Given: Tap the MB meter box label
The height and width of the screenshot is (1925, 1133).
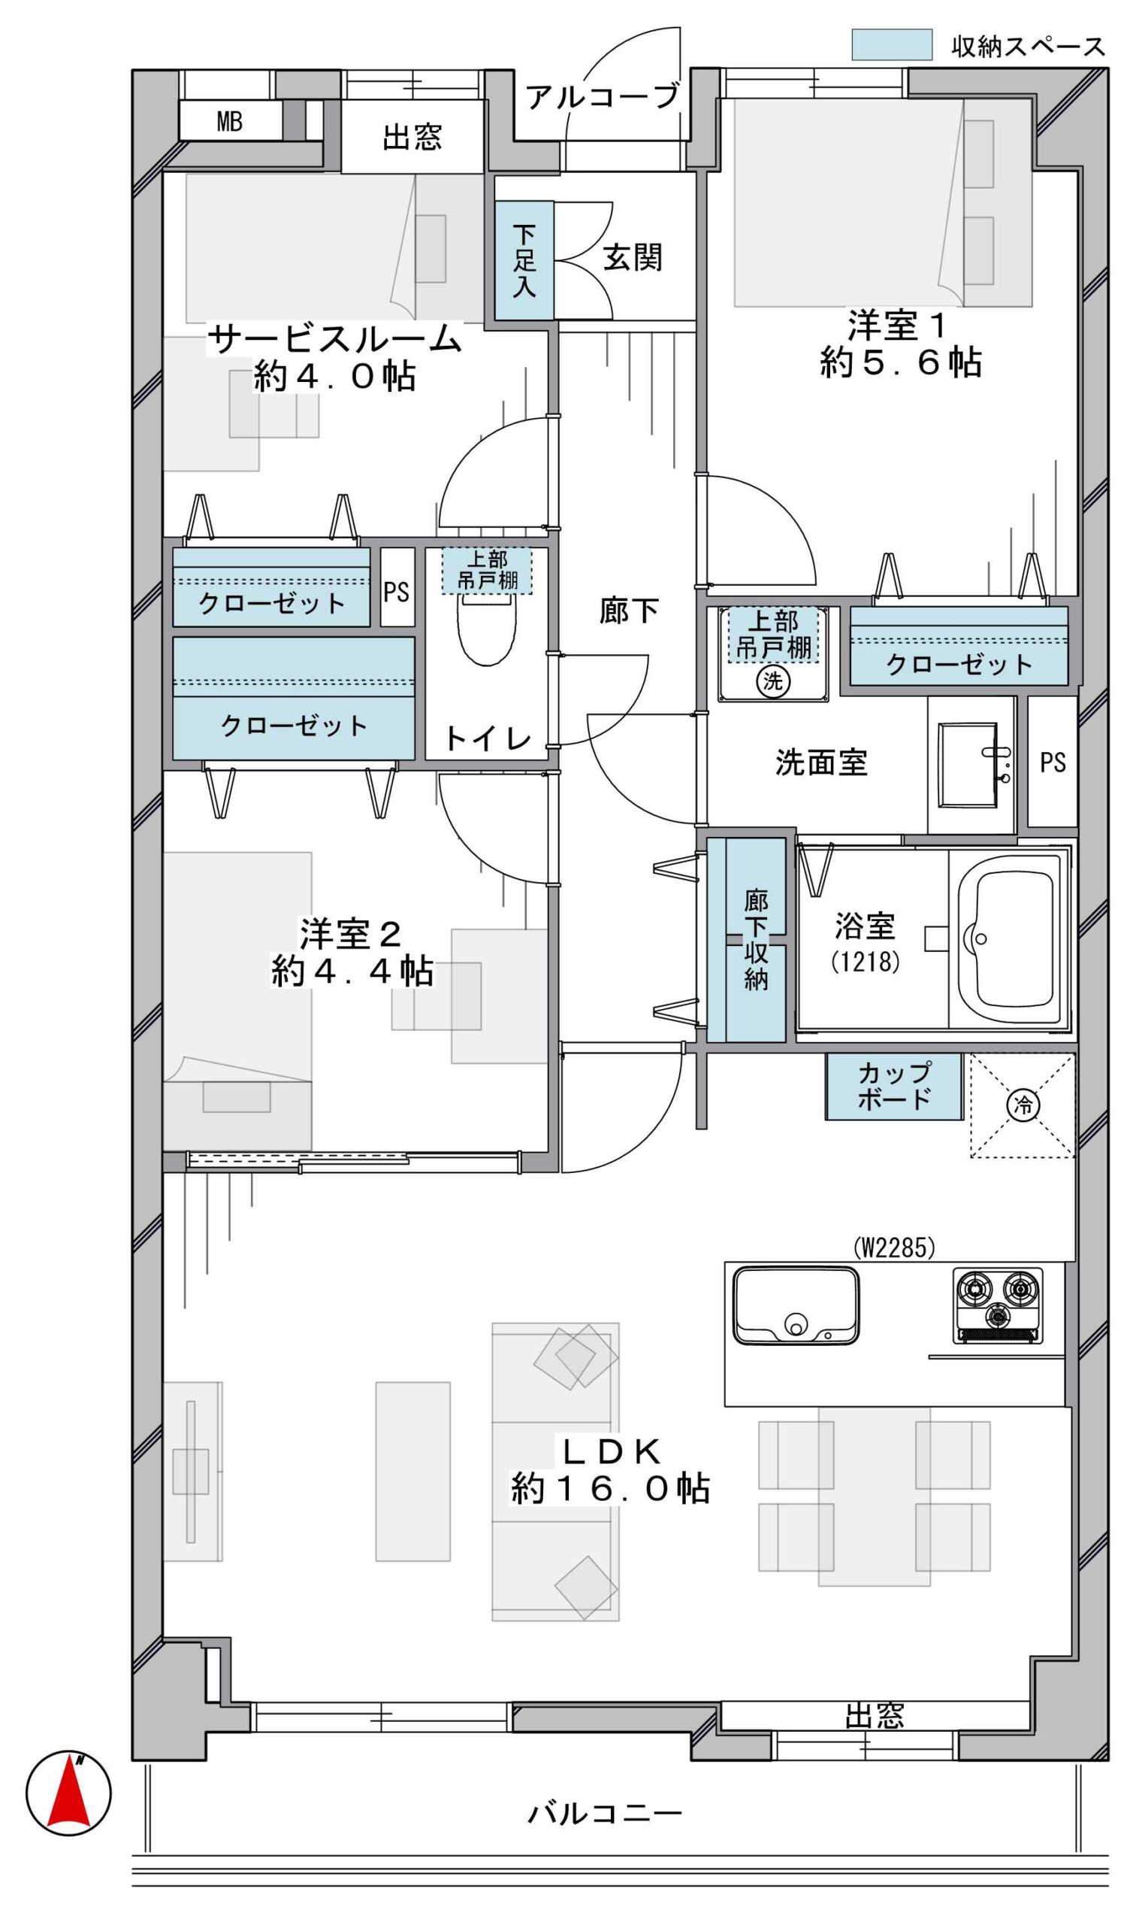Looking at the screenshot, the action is tap(229, 121).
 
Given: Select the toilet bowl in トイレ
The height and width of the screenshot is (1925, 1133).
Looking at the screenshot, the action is tap(487, 629).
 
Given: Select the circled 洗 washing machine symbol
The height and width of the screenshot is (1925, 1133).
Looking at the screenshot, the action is tap(773, 681).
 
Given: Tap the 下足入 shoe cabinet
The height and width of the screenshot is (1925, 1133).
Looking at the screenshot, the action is tap(524, 260).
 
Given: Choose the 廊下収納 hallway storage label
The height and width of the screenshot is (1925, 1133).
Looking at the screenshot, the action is tap(756, 940).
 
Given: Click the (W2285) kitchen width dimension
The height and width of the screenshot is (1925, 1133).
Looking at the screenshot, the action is tap(894, 1247).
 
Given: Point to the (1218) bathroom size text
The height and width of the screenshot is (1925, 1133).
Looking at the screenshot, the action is tap(865, 962).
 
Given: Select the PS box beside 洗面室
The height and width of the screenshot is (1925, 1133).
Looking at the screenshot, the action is tap(1052, 762).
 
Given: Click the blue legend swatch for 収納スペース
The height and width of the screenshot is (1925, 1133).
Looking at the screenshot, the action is tap(892, 44).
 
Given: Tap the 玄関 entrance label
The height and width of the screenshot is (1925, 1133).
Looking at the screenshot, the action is tap(632, 258).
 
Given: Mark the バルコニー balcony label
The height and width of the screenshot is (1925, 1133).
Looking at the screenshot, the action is tap(605, 1814).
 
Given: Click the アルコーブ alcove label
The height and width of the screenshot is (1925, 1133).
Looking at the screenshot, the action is tap(603, 96).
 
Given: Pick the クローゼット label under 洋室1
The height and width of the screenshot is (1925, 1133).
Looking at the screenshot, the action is tap(959, 665).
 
